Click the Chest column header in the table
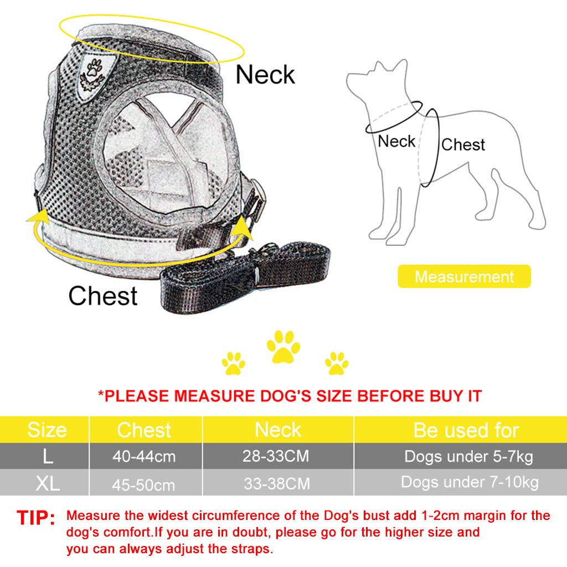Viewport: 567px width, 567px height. click(x=145, y=430)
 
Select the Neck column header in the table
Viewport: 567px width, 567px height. click(x=278, y=430)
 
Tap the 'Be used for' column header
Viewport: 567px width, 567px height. click(x=466, y=430)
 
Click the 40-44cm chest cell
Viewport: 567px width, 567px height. click(x=145, y=457)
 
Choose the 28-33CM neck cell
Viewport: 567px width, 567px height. click(x=276, y=457)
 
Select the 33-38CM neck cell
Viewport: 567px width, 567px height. click(x=276, y=483)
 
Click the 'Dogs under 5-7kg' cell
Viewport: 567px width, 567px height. click(x=469, y=457)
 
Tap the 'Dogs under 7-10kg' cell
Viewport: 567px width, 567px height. click(x=469, y=482)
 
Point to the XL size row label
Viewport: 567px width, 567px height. click(x=48, y=483)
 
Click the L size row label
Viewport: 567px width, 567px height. click(x=48, y=457)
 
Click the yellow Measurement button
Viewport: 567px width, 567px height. click(x=464, y=276)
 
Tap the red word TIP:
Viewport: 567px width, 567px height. click(x=36, y=518)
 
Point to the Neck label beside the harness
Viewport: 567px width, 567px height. click(x=265, y=74)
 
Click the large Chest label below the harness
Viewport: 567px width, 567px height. click(x=103, y=296)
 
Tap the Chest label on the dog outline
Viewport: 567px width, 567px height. click(x=463, y=145)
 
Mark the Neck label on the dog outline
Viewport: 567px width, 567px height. click(x=396, y=141)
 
